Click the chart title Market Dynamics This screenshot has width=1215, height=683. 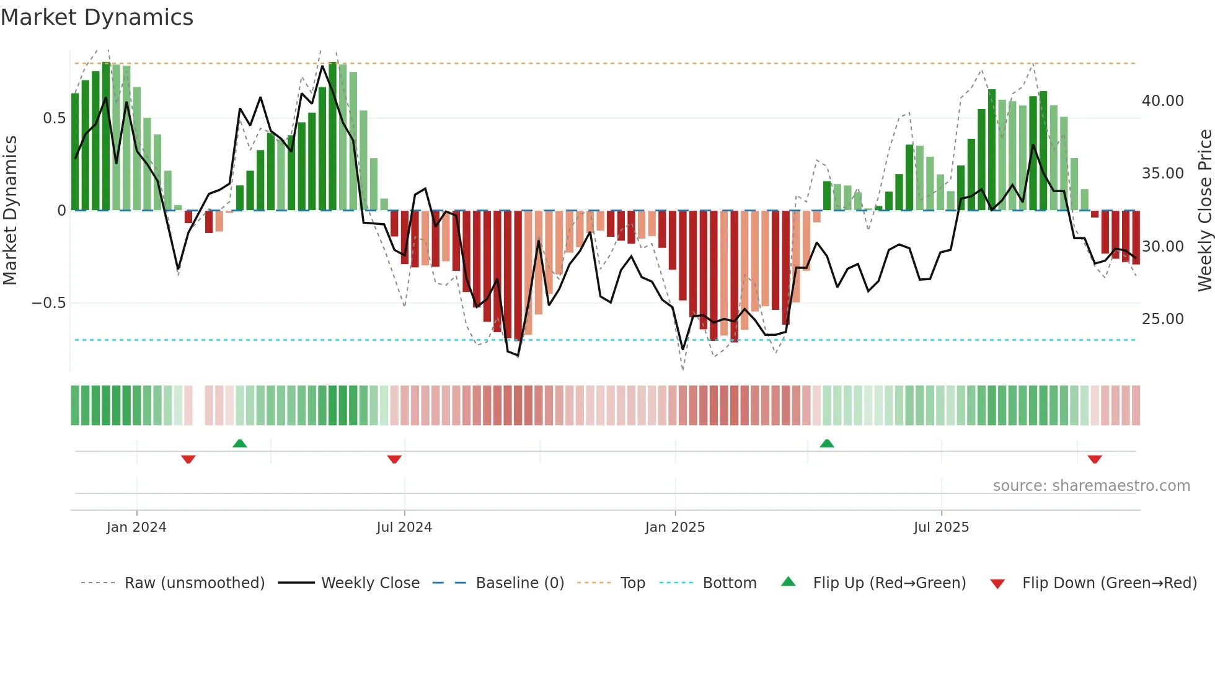(x=97, y=17)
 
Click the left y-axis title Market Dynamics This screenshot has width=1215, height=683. (x=10, y=210)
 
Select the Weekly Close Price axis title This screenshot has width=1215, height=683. (x=1204, y=210)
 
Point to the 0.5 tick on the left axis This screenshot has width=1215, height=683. (x=54, y=118)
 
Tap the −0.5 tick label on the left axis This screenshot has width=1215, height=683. (x=49, y=303)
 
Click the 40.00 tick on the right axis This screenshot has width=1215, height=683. (x=1162, y=101)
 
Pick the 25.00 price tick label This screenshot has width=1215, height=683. (x=1162, y=319)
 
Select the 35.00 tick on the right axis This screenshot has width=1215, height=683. (x=1162, y=174)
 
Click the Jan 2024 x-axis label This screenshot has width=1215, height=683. (x=136, y=527)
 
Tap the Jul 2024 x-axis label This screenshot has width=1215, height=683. (x=404, y=527)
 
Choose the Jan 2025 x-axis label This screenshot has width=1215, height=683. (x=674, y=527)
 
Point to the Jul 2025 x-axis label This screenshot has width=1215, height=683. (x=941, y=527)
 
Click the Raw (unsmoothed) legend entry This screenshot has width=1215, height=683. (x=194, y=583)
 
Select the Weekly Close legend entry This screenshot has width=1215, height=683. (x=370, y=583)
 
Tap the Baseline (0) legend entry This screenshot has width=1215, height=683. (x=519, y=583)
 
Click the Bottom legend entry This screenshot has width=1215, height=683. (x=729, y=583)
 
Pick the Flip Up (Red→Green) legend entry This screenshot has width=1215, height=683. (x=889, y=583)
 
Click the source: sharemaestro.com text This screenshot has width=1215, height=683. (x=1091, y=486)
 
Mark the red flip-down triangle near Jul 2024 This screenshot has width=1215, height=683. (x=394, y=459)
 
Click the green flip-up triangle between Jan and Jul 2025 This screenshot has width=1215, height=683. (x=827, y=443)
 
